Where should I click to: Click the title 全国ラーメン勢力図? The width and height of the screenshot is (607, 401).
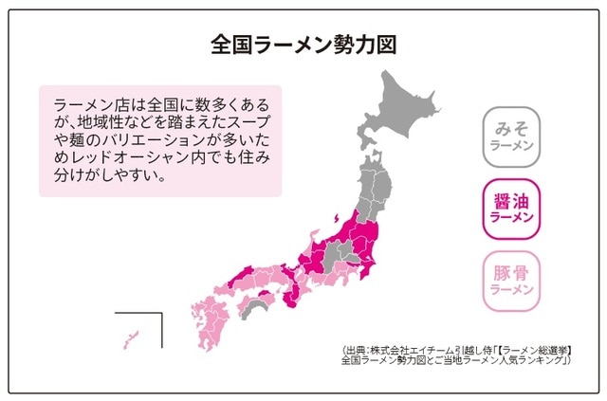(x=303, y=44)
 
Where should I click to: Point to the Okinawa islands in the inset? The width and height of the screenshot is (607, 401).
(x=129, y=337)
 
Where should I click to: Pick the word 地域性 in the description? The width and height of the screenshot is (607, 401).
(x=93, y=121)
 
